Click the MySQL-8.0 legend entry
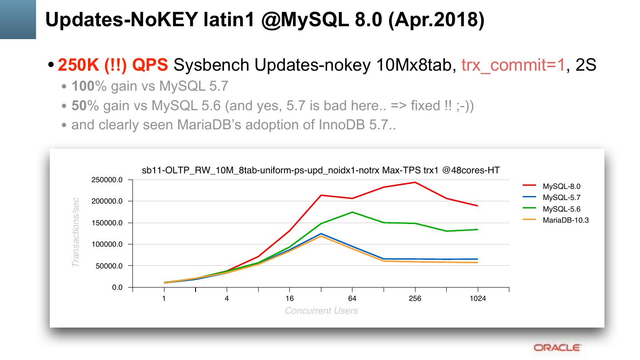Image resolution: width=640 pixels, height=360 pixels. [561, 187]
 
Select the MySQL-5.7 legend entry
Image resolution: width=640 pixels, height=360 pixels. [561, 198]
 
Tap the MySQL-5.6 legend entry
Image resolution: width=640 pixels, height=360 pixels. [561, 209]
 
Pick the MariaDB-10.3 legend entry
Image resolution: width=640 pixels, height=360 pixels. [565, 220]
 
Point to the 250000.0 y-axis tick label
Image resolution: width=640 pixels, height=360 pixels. [107, 180]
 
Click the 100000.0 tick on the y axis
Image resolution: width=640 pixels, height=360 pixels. [107, 244]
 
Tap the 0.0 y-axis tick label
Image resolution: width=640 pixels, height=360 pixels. [117, 288]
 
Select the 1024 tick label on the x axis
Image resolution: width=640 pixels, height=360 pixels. [478, 299]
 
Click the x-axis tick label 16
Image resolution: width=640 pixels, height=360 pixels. [289, 299]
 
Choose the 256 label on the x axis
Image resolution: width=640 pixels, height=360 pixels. [415, 299]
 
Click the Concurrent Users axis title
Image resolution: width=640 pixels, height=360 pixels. [321, 311]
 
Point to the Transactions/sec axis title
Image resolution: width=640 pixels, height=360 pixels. [76, 232]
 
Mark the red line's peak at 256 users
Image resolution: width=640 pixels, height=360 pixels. [415, 182]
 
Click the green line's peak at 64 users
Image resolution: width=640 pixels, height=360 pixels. [352, 212]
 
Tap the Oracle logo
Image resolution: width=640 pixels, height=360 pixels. [557, 348]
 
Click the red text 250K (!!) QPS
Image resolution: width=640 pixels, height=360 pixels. [113, 65]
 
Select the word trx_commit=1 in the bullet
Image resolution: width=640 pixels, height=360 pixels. [513, 65]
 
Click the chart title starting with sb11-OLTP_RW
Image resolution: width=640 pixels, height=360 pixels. [320, 170]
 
